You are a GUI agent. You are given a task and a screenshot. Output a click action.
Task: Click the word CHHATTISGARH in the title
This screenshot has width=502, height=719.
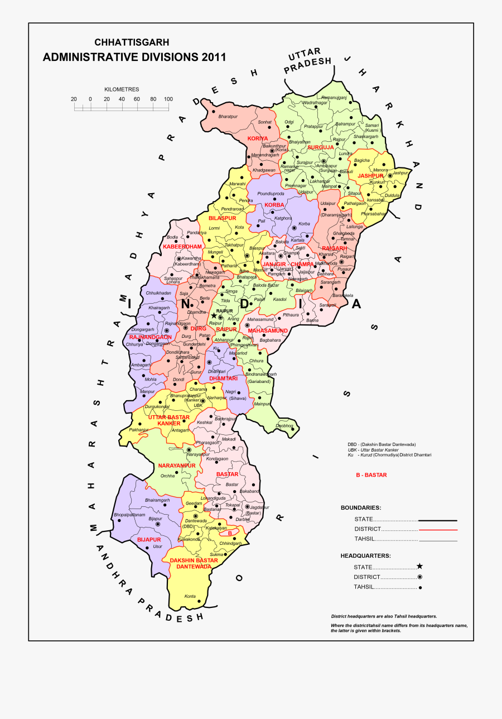(132, 42)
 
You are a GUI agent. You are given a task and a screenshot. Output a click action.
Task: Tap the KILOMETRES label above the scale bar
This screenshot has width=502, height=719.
(121, 89)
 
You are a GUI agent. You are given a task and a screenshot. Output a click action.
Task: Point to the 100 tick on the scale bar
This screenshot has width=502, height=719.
(168, 99)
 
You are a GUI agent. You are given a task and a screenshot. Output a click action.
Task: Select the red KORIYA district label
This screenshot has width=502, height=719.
(258, 138)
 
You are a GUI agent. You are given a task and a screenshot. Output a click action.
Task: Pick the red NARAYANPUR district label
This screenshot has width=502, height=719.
(177, 466)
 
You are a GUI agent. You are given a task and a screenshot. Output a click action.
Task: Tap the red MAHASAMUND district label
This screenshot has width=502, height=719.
(268, 330)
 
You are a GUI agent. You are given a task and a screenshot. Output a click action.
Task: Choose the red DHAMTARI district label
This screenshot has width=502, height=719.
(223, 378)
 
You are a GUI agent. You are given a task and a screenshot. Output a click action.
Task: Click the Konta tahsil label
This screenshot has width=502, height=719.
(190, 596)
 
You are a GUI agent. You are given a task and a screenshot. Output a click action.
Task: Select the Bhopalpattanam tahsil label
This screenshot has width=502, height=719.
(129, 514)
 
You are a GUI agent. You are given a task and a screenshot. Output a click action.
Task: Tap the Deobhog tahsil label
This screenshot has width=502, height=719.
(284, 426)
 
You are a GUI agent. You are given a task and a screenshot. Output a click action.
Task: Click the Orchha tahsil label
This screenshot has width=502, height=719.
(167, 476)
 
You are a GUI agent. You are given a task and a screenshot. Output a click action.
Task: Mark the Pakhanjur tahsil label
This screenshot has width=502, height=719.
(139, 430)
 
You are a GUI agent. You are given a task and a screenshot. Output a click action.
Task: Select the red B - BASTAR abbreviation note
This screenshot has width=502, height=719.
(371, 475)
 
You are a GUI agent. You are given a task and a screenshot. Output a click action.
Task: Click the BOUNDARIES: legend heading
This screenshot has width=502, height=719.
(361, 508)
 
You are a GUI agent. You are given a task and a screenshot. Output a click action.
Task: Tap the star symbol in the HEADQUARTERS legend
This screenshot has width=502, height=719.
(420, 566)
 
